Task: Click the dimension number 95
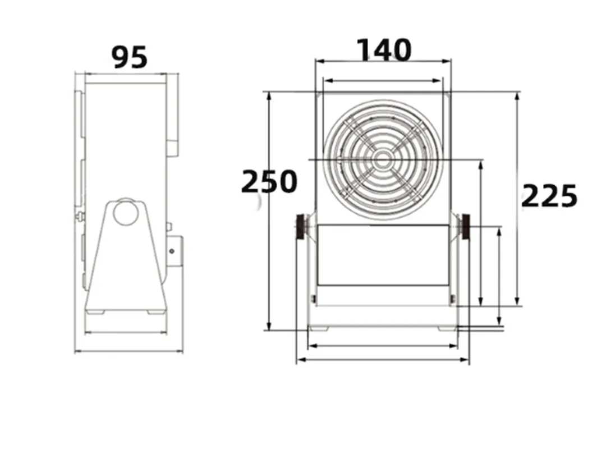[x=130, y=57]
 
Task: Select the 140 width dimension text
[x=384, y=51]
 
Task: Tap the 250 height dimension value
[x=269, y=182]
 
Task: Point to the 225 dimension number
[x=549, y=196]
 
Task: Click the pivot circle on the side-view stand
[x=125, y=212]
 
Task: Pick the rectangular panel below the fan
[x=383, y=255]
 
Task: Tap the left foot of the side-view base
[x=95, y=311]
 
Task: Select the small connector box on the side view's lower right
[x=175, y=250]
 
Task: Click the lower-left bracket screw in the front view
[x=313, y=299]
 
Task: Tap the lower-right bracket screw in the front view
[x=452, y=299]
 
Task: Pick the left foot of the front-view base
[x=318, y=328]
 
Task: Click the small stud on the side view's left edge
[x=79, y=216]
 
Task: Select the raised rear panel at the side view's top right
[x=172, y=115]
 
